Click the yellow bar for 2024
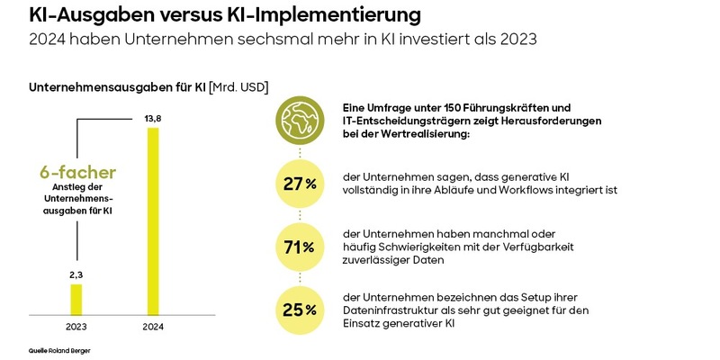coord(153,220)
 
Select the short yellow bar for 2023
coord(76,298)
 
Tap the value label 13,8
coord(153,119)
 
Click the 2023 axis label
coord(76,326)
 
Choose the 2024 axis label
coord(153,326)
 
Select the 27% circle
coord(297,184)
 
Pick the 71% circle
coord(297,246)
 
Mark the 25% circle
coord(297,309)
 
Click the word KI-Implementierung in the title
coord(319,16)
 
